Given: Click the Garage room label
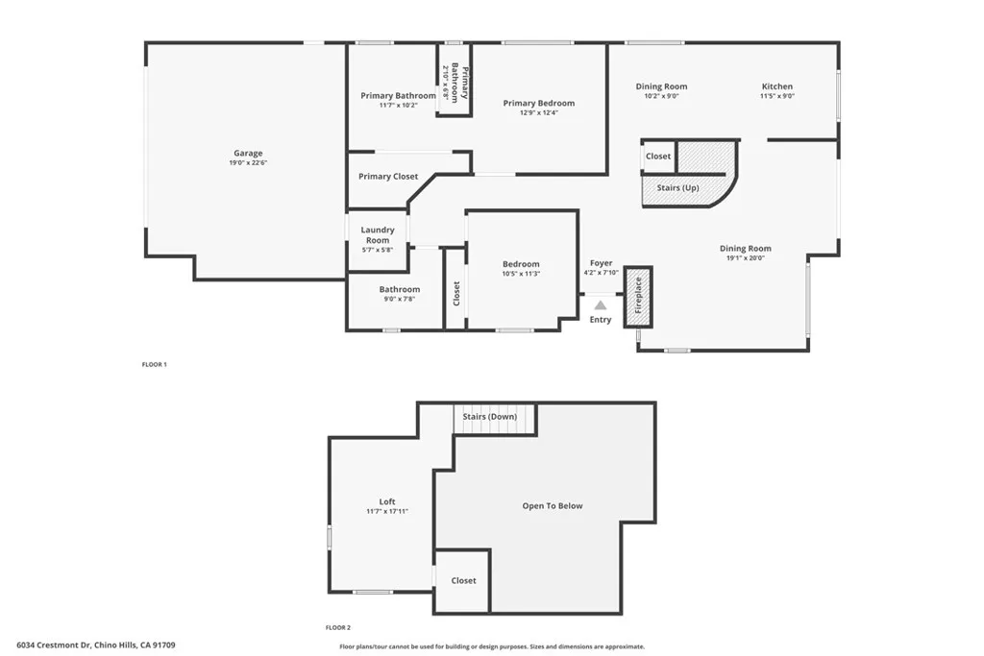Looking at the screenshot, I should (x=248, y=154).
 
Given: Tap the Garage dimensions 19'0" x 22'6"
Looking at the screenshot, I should (x=248, y=163).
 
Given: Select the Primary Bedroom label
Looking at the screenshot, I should (x=539, y=104).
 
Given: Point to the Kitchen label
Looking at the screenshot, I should (x=777, y=86).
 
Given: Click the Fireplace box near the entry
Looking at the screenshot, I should (x=638, y=292).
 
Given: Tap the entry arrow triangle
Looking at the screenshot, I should (x=601, y=305).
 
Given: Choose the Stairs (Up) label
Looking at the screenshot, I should (x=677, y=188).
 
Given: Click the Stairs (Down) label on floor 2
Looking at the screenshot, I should (x=490, y=417).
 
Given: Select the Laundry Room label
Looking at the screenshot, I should (x=378, y=234).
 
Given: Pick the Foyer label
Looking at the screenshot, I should (x=601, y=263).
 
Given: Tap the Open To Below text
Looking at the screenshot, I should (x=553, y=506).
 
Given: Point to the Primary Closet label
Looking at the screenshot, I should (x=388, y=177).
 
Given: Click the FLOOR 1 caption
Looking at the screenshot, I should (x=155, y=365).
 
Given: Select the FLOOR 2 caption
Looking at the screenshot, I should (x=338, y=627).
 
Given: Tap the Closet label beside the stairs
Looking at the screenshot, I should (x=658, y=157).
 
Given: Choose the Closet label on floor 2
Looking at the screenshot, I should (x=463, y=581).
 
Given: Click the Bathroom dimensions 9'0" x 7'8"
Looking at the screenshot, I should (x=399, y=299).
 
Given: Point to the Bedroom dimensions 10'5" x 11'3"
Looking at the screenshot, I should (x=521, y=274).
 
